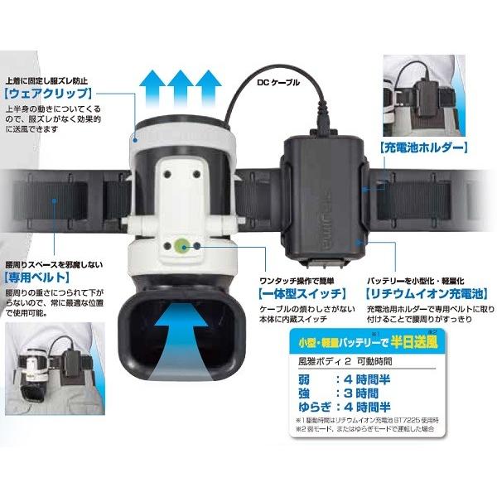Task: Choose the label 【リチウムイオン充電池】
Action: coord(415,293)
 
